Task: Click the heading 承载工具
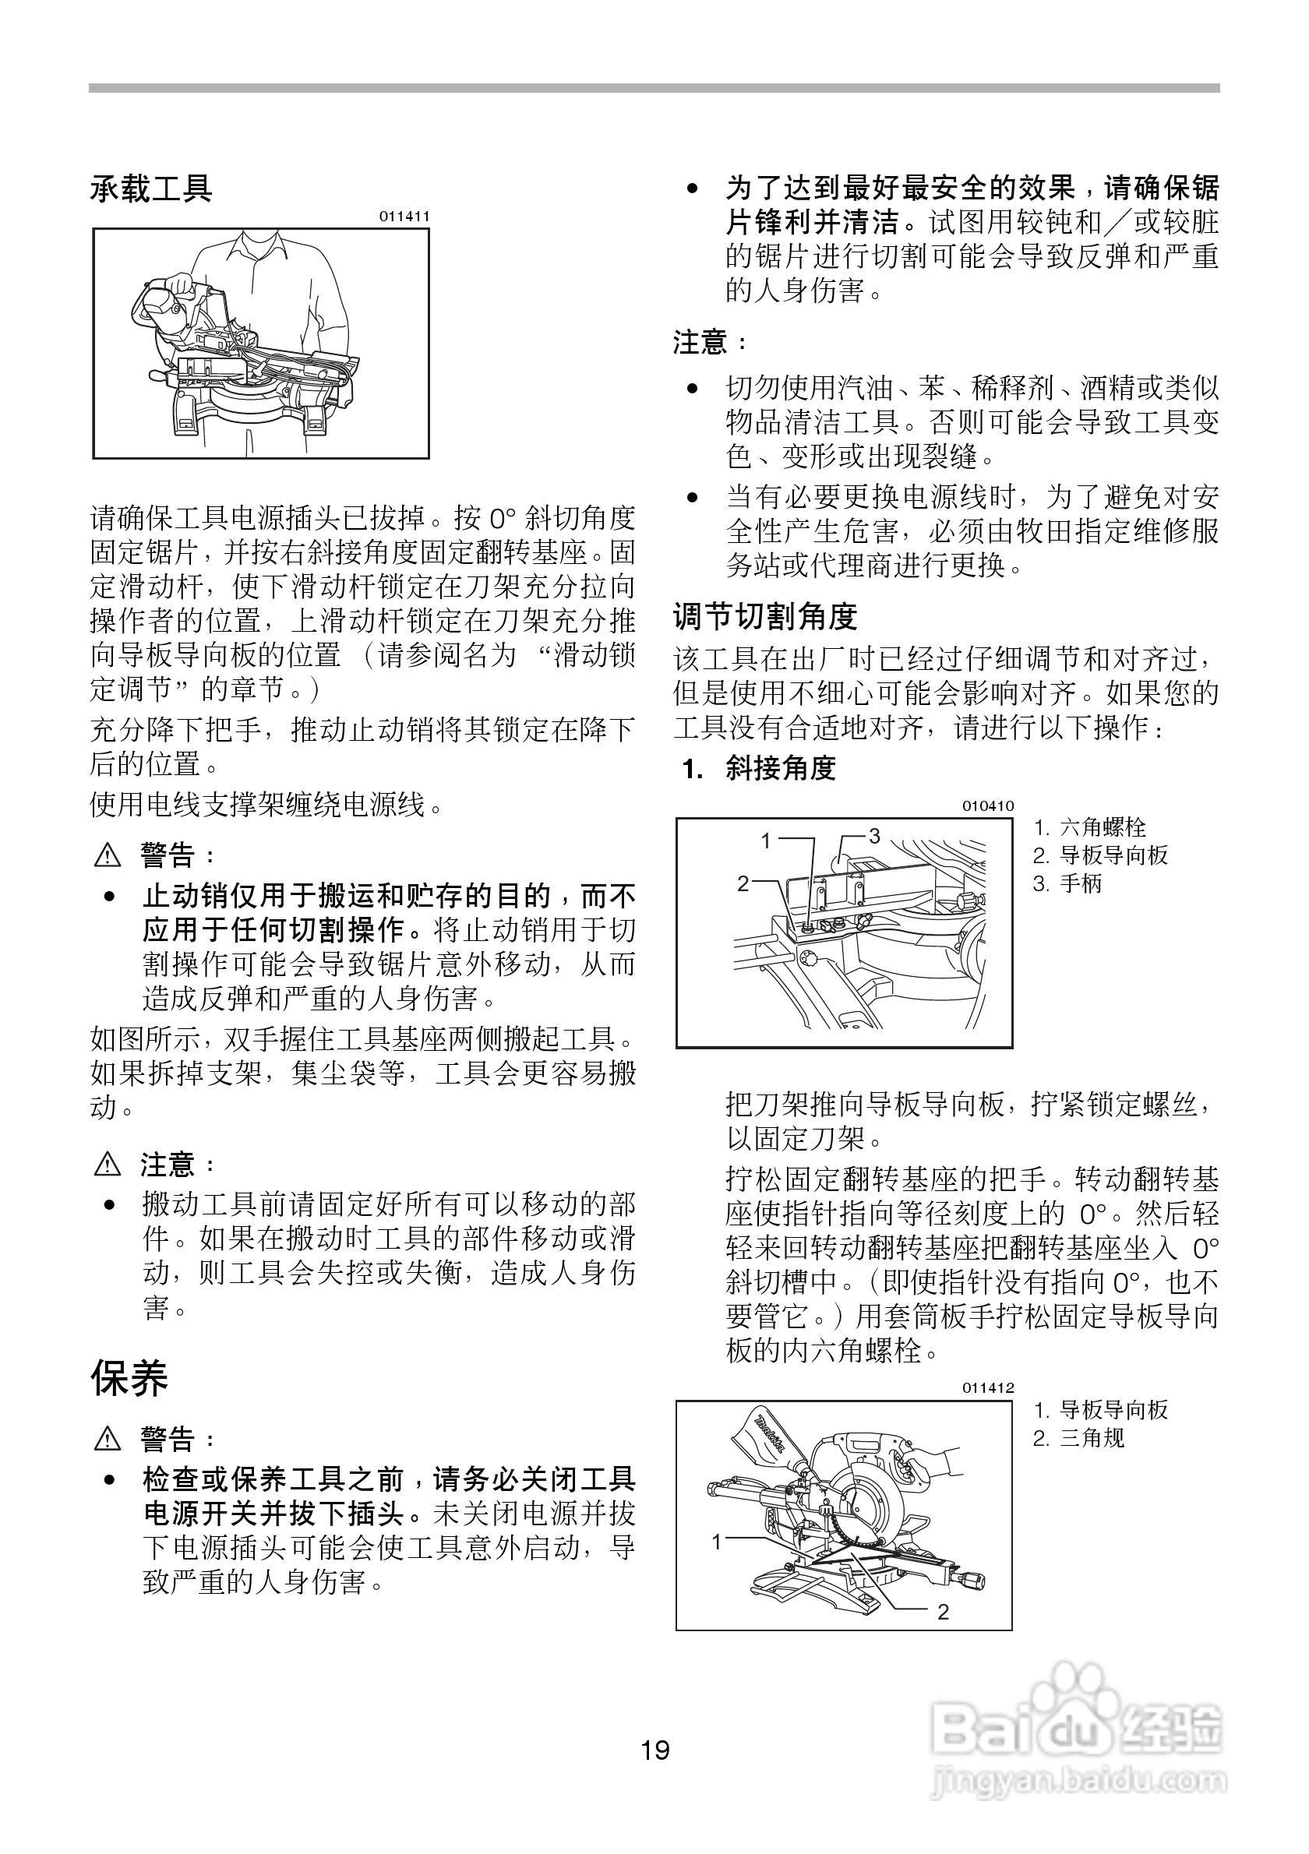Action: pyautogui.click(x=151, y=189)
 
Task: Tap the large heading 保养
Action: pyautogui.click(x=129, y=1378)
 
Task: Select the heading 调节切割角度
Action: pyautogui.click(x=764, y=617)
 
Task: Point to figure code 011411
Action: pyautogui.click(x=404, y=217)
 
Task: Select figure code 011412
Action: pyautogui.click(x=988, y=1388)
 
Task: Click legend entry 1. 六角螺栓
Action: pyautogui.click(x=1090, y=827)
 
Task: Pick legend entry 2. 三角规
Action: pyautogui.click(x=1079, y=1438)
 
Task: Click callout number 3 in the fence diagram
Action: pyautogui.click(x=873, y=835)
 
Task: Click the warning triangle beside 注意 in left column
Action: pyautogui.click(x=107, y=1165)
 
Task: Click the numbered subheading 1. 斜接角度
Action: pyautogui.click(x=758, y=768)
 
